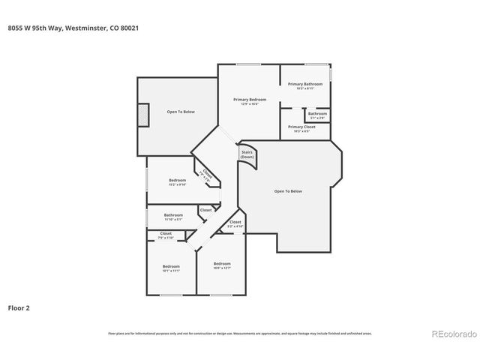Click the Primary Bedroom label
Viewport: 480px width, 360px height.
249,100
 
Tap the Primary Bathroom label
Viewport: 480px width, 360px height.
305,84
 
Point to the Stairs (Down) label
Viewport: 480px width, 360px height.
247,154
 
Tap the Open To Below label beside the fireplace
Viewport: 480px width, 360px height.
181,112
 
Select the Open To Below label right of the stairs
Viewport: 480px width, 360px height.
288,191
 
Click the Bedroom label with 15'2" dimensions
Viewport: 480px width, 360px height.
177,181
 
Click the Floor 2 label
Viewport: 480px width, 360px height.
19,307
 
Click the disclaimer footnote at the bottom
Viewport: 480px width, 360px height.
239,334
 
